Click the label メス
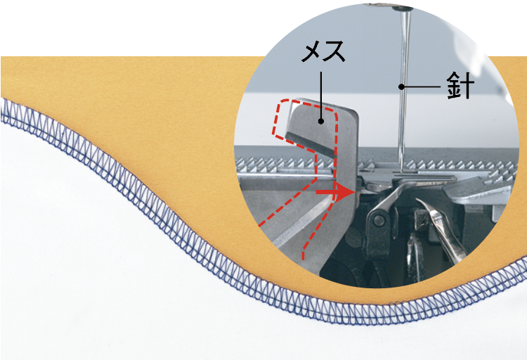[x=323, y=51]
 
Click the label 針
[x=460, y=86]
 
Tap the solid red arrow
[x=335, y=192]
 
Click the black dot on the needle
[x=401, y=86]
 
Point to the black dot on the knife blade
[x=321, y=121]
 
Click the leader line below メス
[x=321, y=95]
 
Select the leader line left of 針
[x=422, y=86]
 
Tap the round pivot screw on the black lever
[x=379, y=220]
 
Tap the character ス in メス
[x=334, y=51]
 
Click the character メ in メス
[x=312, y=51]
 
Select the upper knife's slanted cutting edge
[x=309, y=145]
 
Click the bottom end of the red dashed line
[x=304, y=258]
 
